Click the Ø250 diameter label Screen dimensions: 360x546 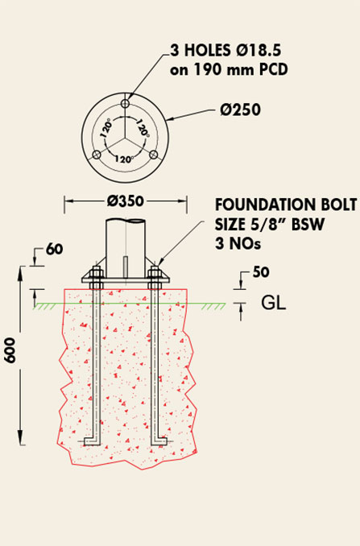coord(240,110)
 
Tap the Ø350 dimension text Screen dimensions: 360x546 coord(126,201)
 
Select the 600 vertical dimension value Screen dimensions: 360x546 coord(10,350)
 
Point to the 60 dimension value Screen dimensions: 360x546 coord(54,250)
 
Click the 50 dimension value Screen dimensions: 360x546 coord(261,272)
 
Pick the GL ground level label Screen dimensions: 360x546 coord(274,303)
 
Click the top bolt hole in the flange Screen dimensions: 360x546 coord(125,103)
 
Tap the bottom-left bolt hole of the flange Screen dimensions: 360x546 coord(97,155)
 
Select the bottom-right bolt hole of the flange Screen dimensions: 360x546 coord(154,155)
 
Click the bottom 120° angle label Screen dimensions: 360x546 coord(124,159)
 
